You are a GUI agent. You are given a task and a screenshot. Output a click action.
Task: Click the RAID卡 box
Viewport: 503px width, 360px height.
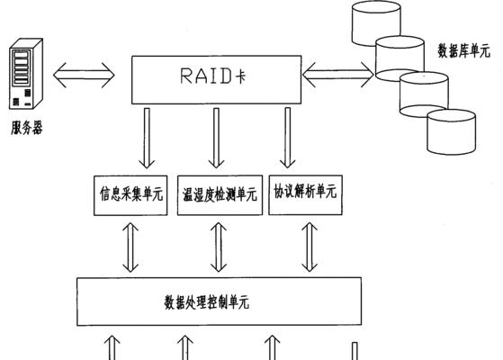click(216, 79)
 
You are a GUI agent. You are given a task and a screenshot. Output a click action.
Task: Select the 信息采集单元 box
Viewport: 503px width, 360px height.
click(130, 195)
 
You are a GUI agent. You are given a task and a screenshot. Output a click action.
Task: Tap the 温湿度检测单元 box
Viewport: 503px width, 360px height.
click(220, 195)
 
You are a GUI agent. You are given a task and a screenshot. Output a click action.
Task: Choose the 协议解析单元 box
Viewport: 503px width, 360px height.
click(305, 194)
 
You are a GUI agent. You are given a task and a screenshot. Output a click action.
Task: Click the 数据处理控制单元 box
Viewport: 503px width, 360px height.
click(219, 301)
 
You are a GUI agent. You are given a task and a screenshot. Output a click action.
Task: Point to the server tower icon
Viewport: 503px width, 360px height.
click(26, 74)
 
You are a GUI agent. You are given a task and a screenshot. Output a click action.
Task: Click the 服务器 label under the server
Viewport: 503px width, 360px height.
click(27, 128)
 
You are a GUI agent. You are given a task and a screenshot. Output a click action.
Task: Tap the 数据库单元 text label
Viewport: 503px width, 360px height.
click(464, 50)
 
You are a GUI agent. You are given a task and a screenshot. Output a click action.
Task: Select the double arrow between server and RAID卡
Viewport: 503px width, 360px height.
click(84, 75)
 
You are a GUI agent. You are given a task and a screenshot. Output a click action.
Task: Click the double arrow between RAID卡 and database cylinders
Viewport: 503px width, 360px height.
click(338, 75)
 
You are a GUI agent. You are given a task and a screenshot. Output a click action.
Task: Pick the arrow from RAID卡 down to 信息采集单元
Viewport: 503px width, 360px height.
click(147, 139)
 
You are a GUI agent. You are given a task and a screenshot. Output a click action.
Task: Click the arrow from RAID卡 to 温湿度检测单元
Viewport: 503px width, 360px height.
click(216, 139)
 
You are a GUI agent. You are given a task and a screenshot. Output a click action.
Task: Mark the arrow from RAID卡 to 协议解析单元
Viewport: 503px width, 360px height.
click(288, 138)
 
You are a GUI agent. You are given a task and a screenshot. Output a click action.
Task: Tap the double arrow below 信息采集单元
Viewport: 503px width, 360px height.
click(130, 247)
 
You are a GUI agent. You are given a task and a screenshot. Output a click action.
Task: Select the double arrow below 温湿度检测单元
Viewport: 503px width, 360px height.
click(219, 247)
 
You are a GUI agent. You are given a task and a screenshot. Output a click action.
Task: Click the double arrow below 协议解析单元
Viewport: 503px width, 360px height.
click(310, 247)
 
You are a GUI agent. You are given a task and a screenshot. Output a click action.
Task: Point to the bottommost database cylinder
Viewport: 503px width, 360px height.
click(452, 132)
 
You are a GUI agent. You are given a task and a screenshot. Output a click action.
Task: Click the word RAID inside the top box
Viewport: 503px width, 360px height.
click(205, 76)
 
